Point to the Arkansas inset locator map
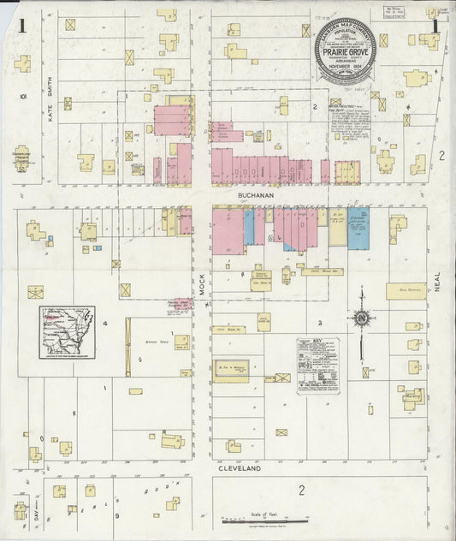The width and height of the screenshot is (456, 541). coord(67,332)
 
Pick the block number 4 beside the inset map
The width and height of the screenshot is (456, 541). coord(105,324)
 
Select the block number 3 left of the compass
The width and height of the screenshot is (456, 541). coord(320,323)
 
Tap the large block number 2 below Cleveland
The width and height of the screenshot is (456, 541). coord(301,490)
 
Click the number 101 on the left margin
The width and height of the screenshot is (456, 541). coord(24,97)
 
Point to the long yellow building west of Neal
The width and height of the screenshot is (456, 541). coord(406,291)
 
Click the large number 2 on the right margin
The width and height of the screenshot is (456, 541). coord(441,155)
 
